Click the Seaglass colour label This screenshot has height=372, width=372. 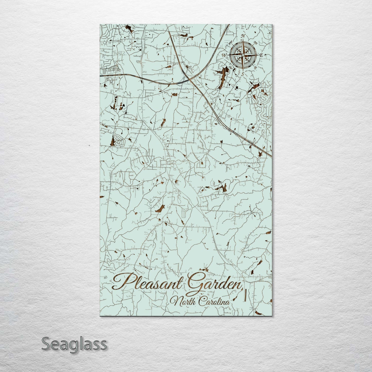[74, 344]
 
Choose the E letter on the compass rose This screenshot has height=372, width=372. [261, 55]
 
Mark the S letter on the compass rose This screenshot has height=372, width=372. [243, 74]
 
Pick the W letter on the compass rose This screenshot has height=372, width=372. [224, 55]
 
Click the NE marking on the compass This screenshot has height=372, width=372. [255, 43]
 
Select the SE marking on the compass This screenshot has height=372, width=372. [255, 67]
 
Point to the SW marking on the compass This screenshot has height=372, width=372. [231, 67]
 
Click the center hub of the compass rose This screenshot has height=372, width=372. [243, 55]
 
